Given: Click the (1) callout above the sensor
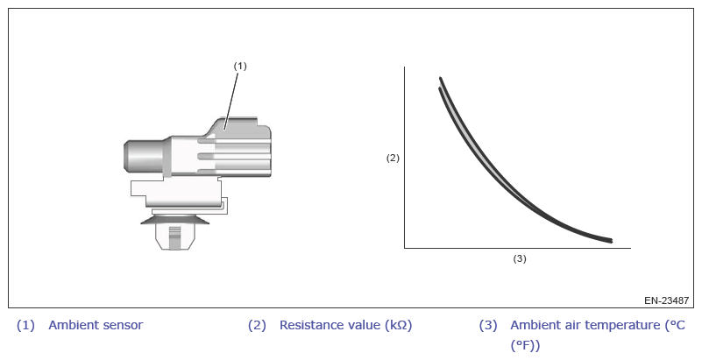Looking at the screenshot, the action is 240,67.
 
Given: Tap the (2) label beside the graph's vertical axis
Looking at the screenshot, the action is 393,158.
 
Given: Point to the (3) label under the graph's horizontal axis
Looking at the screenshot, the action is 520,258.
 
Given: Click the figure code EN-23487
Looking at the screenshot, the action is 666,300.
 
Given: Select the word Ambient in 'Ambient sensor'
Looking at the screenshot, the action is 69,325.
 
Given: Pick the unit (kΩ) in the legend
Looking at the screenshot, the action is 398,325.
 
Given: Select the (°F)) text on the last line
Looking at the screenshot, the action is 525,345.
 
